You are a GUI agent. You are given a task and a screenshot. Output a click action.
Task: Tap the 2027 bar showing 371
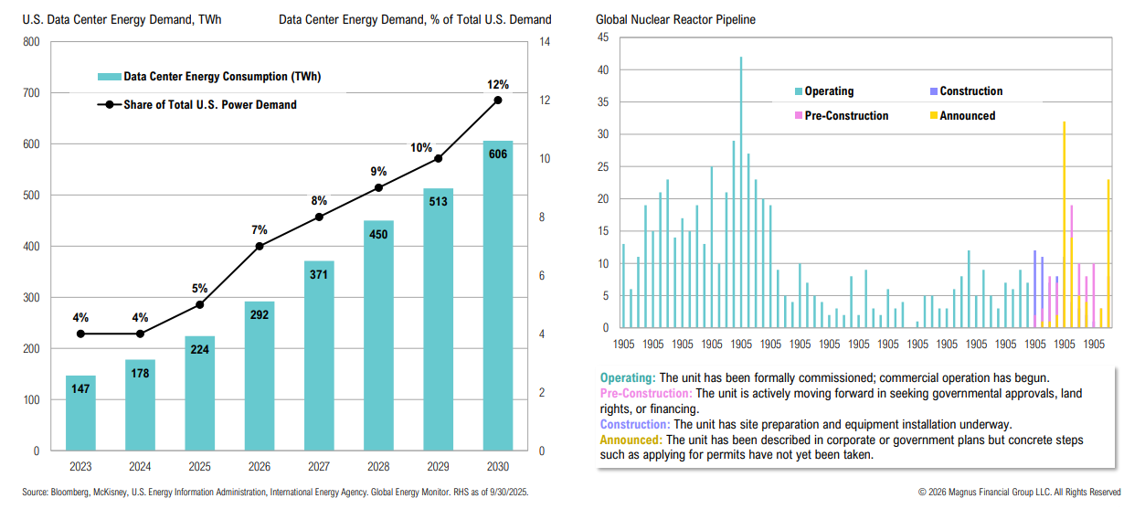319,355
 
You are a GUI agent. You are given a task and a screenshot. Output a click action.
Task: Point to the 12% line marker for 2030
498,100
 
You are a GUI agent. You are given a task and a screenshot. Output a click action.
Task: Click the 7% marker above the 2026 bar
260,246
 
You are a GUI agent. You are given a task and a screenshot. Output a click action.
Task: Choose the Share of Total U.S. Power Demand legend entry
210,104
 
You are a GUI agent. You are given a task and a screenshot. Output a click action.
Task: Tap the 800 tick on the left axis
31,42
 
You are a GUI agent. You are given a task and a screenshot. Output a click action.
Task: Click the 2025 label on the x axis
200,466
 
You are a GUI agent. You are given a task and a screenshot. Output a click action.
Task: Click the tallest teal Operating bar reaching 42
740,192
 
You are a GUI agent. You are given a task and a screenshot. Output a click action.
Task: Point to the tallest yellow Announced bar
1064,224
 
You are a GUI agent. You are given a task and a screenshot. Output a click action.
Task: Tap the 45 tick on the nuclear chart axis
602,37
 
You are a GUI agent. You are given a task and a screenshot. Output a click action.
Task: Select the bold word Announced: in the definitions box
631,440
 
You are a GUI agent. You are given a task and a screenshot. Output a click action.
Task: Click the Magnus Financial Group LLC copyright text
1019,493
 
